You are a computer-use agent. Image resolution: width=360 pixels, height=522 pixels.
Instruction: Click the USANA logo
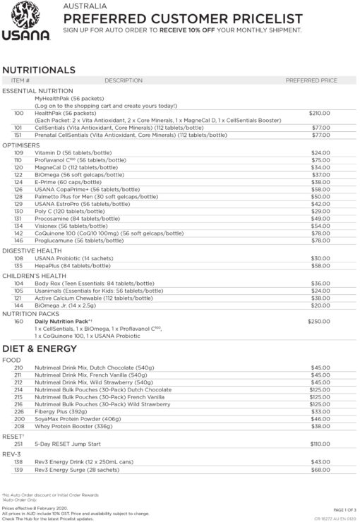point(24,24)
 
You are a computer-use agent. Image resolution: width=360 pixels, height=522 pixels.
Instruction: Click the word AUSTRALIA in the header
point(83,6)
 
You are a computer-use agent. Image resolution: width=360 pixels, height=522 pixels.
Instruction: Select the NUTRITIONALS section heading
point(39,70)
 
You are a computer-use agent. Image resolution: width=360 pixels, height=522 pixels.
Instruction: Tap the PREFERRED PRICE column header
point(311,81)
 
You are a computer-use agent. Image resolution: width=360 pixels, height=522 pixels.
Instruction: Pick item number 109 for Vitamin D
point(18,152)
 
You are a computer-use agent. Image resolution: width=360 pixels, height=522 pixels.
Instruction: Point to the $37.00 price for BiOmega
point(321,174)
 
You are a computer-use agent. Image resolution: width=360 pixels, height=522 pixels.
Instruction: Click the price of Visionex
point(321,226)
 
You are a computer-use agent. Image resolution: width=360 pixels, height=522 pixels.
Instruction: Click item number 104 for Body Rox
point(18,283)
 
